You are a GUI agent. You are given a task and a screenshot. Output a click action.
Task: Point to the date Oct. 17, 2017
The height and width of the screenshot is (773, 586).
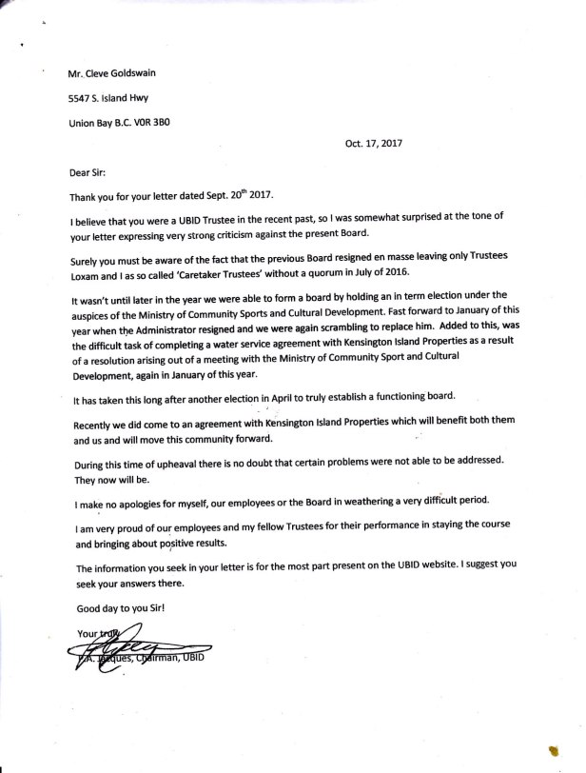tap(376, 145)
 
